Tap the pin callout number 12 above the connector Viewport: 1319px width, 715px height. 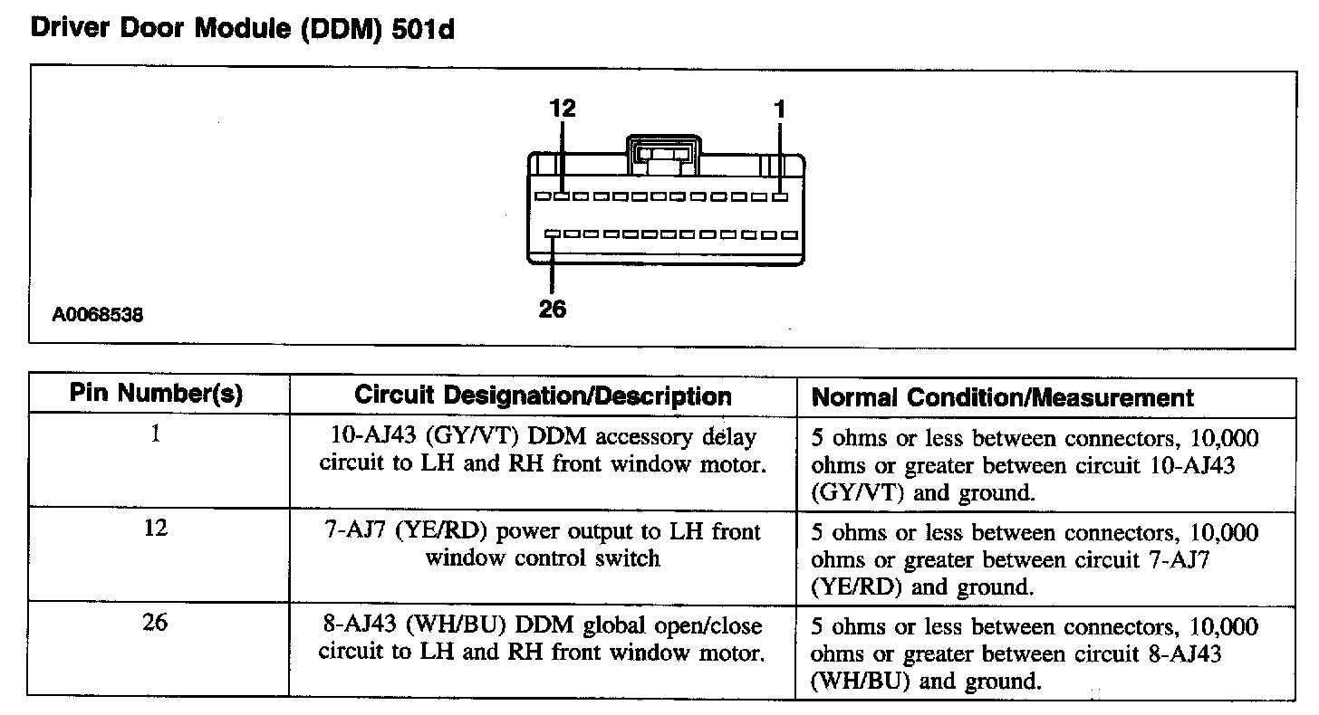[563, 109]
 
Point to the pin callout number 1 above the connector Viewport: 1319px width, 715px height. [780, 109]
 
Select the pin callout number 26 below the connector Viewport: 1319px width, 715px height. [552, 309]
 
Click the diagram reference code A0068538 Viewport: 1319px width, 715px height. [97, 316]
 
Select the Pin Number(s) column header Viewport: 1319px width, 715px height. [157, 395]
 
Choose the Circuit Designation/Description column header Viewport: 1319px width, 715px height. [543, 396]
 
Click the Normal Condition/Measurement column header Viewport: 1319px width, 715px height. [1003, 397]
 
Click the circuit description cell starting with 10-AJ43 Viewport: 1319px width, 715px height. [543, 452]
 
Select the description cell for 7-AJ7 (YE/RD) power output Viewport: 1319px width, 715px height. [543, 545]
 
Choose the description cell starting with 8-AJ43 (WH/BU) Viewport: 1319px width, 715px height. [543, 639]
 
